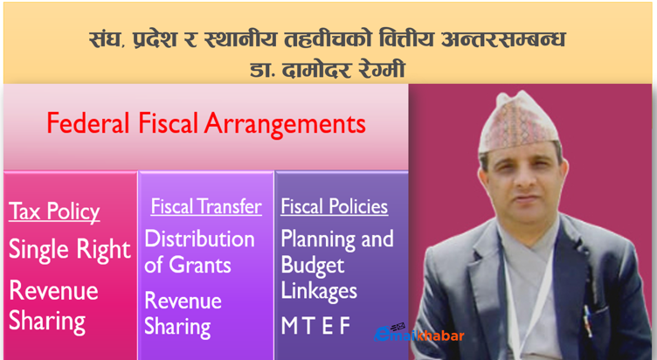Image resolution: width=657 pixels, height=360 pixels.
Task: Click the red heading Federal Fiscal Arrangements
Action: pos(206,124)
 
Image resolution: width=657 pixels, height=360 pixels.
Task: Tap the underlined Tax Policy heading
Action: pos(54,211)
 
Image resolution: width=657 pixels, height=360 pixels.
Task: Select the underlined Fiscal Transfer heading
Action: pos(206,206)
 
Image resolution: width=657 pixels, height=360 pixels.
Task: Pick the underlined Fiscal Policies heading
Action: pos(335,206)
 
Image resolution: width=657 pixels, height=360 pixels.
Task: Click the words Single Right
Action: pos(70,250)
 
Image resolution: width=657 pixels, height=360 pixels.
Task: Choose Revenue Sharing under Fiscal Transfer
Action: pos(183,315)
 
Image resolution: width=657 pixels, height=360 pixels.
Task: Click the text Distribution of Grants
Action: pos(199,252)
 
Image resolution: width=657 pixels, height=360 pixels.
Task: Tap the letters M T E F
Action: pos(315,326)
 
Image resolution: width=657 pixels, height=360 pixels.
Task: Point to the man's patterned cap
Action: pos(518,121)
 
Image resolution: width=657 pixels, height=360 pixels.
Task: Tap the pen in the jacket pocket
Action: pos(589,322)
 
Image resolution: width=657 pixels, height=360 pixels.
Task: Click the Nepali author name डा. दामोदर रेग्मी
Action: pos(328,69)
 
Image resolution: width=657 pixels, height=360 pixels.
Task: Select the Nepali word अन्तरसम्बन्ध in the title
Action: pos(503,39)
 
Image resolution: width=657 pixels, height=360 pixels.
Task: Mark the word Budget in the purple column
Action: pos(313,266)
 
